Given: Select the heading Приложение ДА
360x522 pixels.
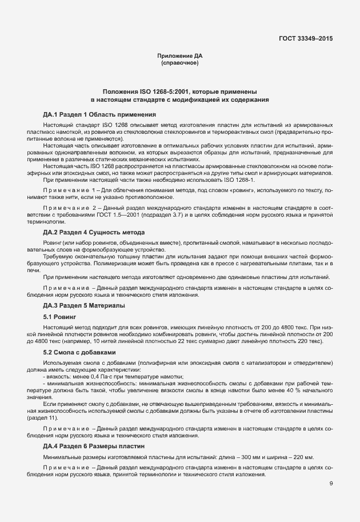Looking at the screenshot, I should (x=180, y=55).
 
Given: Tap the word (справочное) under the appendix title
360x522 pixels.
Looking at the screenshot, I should (x=180, y=63).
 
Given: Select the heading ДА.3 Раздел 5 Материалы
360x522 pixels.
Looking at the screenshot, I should (x=85, y=306).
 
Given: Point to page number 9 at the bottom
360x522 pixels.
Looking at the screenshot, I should (x=331, y=484).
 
